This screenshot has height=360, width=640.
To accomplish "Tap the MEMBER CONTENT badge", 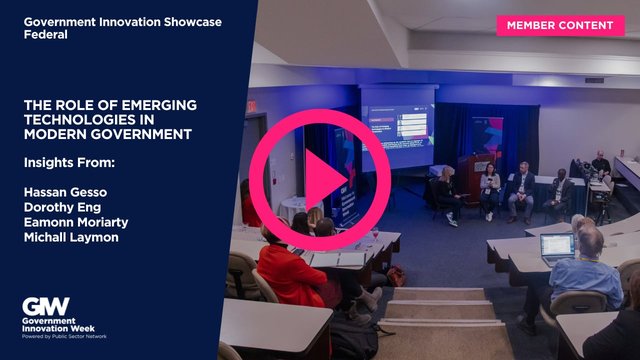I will click(560, 25).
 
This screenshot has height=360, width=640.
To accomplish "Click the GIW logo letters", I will click(46, 305).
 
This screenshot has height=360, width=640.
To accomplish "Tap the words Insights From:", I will click(69, 162).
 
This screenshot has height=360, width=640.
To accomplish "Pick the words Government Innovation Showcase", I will click(123, 20).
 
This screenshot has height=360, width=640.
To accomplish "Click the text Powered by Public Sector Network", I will click(65, 336).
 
